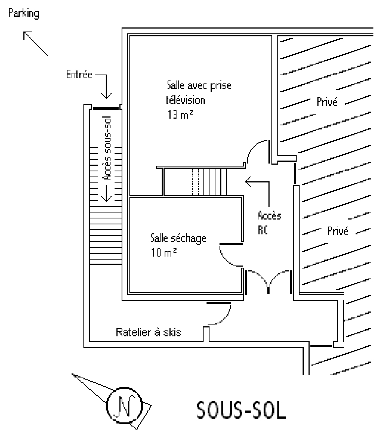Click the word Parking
coord(24,14)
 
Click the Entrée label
coord(79,75)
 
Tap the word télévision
coord(185,100)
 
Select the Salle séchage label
coord(178,238)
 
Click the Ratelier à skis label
coord(149,332)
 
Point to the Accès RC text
coord(269,222)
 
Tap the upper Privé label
coord(327,102)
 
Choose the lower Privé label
coord(338,231)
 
